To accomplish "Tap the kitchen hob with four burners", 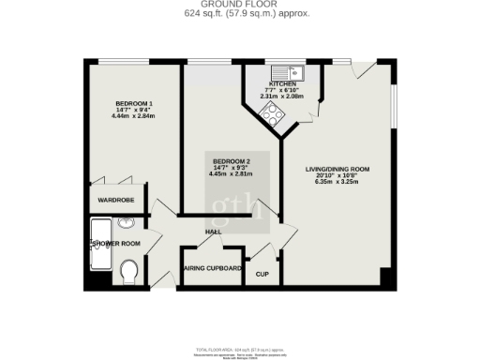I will [x=273, y=113].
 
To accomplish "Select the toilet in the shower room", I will [x=131, y=273].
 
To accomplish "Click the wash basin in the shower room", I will [x=127, y=224].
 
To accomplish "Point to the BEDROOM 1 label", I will [x=134, y=102].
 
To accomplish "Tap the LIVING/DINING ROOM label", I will [x=337, y=169].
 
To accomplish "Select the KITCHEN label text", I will [x=282, y=83].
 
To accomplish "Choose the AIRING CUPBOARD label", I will [x=213, y=269].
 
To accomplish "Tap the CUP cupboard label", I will [x=262, y=274].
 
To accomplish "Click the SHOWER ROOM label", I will [x=115, y=244].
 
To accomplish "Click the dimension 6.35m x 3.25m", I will [x=337, y=183].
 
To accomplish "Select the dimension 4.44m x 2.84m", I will [x=134, y=115].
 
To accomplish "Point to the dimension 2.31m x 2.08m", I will [x=282, y=96].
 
